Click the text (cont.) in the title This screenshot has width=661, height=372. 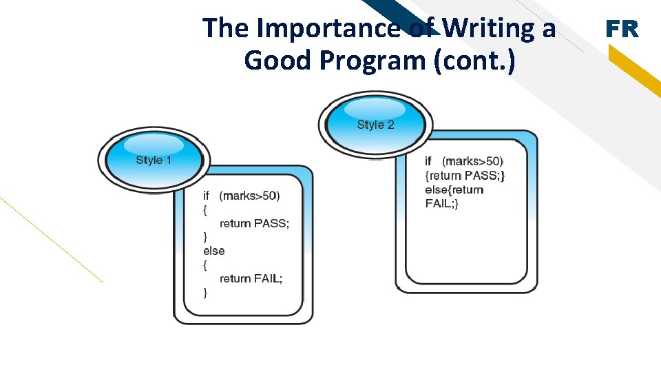click(x=474, y=61)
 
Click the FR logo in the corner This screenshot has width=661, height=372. click(x=622, y=29)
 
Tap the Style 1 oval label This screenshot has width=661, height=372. click(x=154, y=160)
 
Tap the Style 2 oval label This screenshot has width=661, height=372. click(x=375, y=125)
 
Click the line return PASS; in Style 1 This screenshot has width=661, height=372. click(x=254, y=223)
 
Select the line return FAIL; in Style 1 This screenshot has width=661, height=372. click(x=251, y=278)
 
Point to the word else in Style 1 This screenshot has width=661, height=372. click(x=213, y=251)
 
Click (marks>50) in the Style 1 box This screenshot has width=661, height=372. click(x=249, y=196)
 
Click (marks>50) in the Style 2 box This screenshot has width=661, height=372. click(x=472, y=161)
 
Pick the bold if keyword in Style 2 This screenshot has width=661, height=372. click(x=428, y=161)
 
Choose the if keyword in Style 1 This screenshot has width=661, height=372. click(x=206, y=196)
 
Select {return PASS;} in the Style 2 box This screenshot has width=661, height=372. click(x=465, y=176)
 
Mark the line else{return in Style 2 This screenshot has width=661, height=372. click(x=454, y=189)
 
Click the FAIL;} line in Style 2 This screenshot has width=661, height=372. click(x=441, y=203)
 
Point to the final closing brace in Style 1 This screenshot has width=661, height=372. click(x=205, y=293)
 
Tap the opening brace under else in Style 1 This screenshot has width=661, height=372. click(x=205, y=265)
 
